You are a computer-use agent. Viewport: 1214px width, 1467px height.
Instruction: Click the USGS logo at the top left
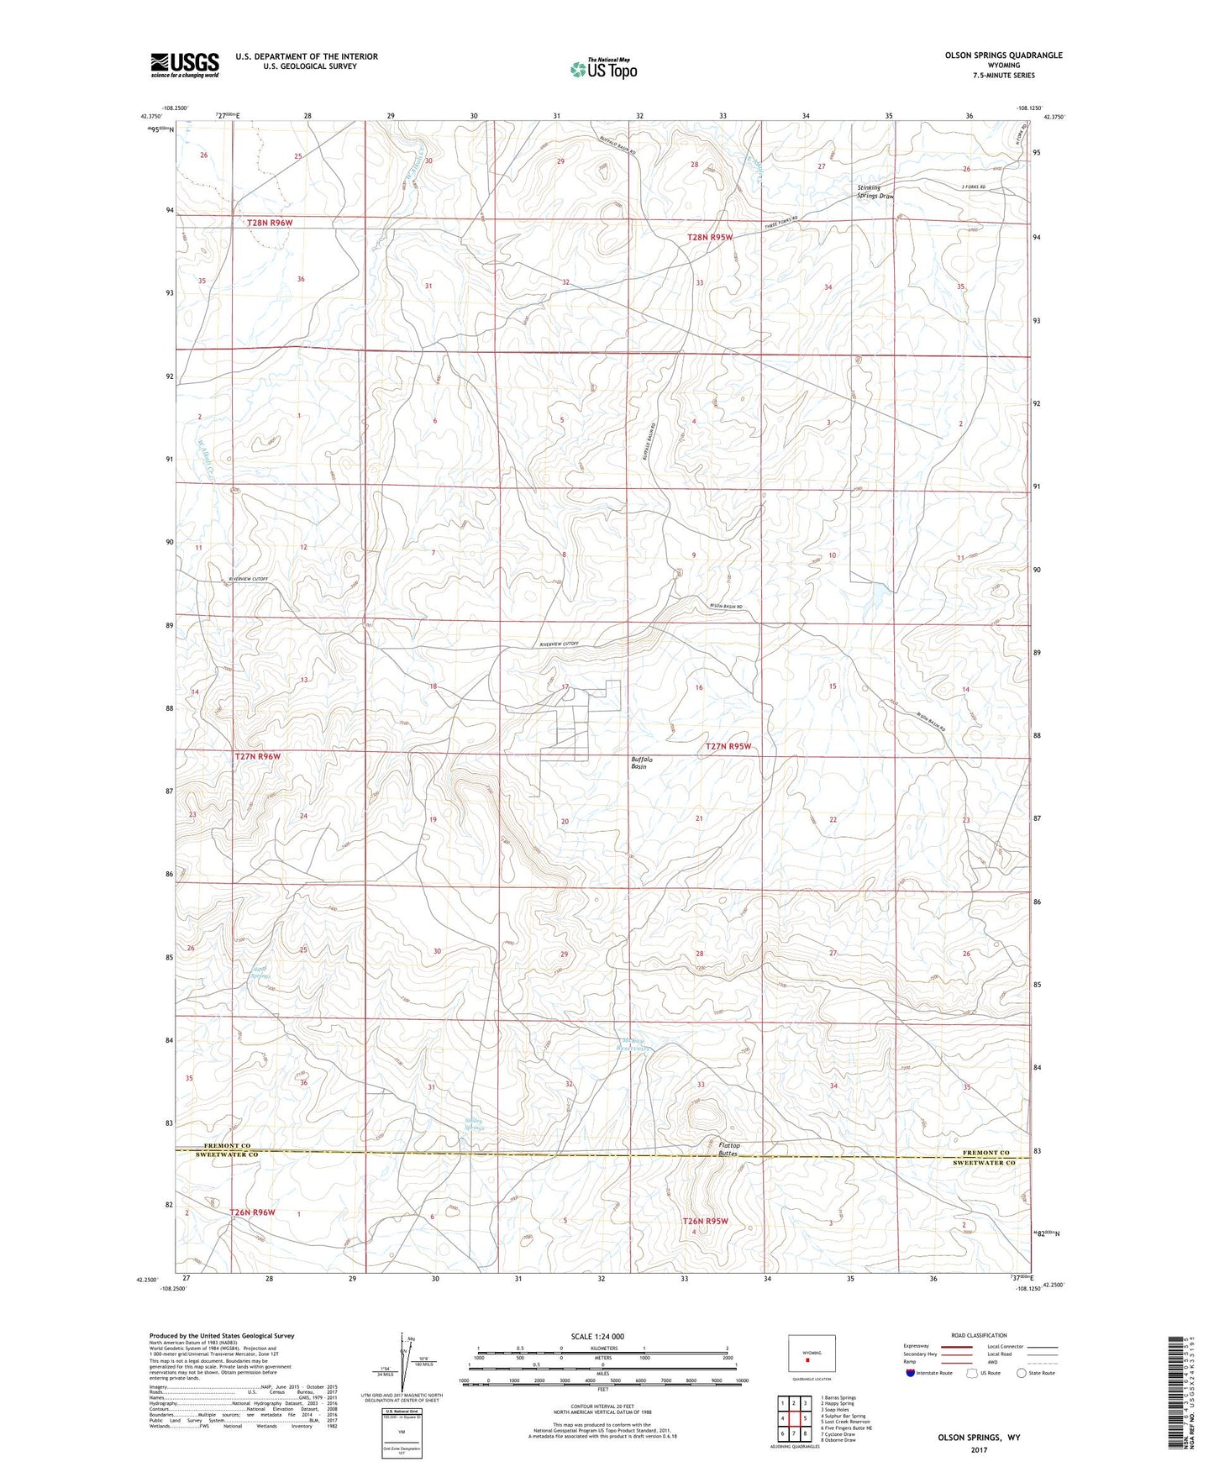tap(184, 65)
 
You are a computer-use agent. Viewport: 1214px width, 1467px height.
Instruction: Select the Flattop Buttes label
tap(728, 1149)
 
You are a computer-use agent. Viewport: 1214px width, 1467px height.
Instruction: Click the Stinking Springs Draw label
tap(875, 192)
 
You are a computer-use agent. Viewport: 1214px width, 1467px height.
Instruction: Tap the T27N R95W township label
tap(728, 746)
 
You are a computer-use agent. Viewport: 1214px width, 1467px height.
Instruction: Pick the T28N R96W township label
tap(270, 222)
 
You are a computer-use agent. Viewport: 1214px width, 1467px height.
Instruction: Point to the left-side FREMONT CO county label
tap(227, 1145)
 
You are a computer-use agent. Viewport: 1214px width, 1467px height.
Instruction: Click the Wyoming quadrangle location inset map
tap(812, 1356)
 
